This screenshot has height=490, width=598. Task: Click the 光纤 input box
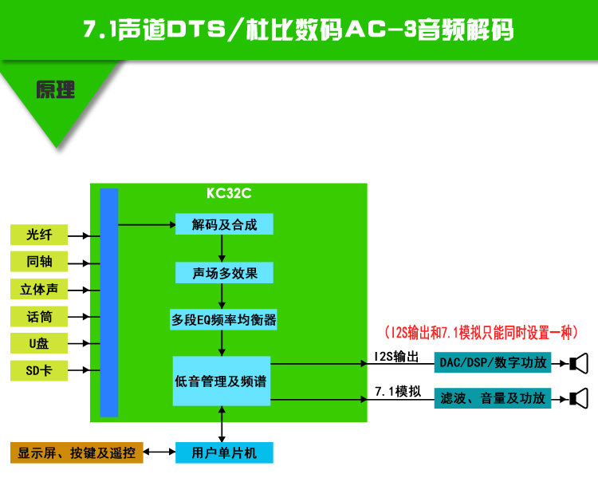point(39,235)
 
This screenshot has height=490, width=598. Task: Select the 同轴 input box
point(39,262)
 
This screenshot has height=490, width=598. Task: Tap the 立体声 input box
point(39,289)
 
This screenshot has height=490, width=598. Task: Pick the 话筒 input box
point(39,316)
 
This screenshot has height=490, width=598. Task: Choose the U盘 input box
point(39,343)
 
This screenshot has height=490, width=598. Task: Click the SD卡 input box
point(39,370)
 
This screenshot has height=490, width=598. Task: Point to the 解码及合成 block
point(224,224)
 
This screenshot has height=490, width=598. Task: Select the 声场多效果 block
point(224,273)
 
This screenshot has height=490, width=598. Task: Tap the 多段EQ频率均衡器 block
point(223,320)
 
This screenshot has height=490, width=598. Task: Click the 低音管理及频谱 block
point(222,381)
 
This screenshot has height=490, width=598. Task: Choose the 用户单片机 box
point(224,452)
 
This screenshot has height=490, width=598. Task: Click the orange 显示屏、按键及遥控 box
point(77,452)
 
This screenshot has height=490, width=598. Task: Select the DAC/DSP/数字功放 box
point(493,362)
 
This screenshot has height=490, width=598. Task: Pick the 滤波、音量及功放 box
point(493,398)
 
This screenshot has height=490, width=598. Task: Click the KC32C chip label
point(229,193)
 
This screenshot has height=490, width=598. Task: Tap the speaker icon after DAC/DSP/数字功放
point(579,363)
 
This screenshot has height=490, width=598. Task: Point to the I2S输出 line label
point(396,357)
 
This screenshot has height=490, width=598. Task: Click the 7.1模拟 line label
point(398,392)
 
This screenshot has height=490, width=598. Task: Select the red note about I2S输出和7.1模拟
point(482,333)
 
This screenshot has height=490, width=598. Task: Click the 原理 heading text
point(55,90)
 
